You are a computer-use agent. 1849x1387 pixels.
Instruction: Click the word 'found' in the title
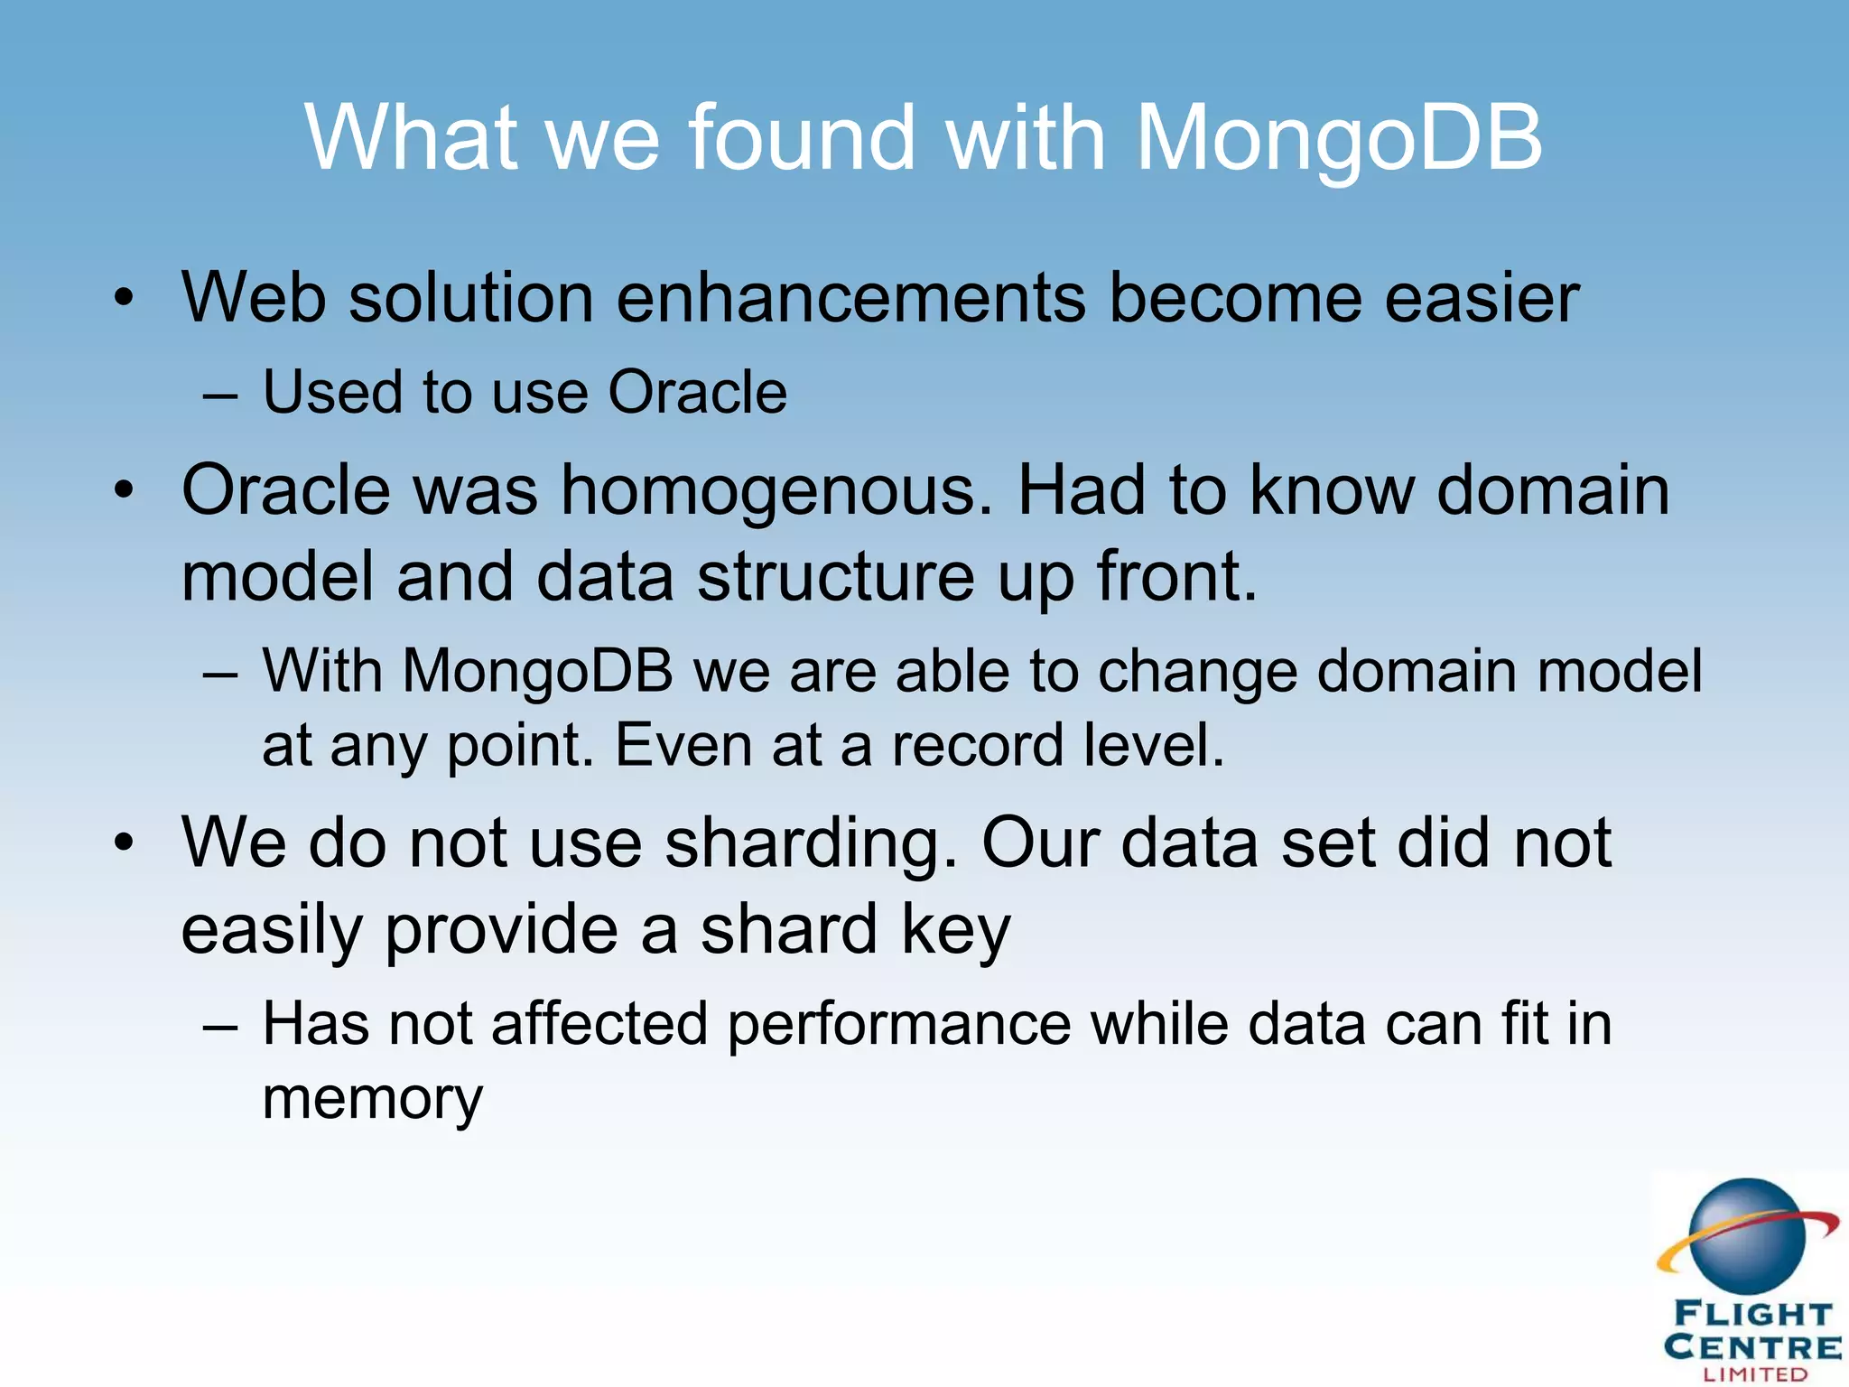click(x=803, y=137)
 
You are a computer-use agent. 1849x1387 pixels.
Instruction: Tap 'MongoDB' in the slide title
click(x=1338, y=137)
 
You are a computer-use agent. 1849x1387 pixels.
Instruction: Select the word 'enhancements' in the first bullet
click(x=850, y=298)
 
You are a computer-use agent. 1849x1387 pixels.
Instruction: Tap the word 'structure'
click(x=835, y=577)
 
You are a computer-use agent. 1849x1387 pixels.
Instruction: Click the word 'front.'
click(x=1176, y=577)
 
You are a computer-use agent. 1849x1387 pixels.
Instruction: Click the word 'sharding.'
click(x=811, y=843)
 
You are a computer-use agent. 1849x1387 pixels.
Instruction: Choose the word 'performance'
click(x=899, y=1025)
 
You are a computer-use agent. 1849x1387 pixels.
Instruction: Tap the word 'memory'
click(x=373, y=1099)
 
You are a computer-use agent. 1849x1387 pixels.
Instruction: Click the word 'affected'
click(x=599, y=1025)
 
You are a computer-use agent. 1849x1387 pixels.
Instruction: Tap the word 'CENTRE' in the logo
click(x=1752, y=1347)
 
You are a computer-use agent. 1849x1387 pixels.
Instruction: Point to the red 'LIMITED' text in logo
click(x=1755, y=1374)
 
